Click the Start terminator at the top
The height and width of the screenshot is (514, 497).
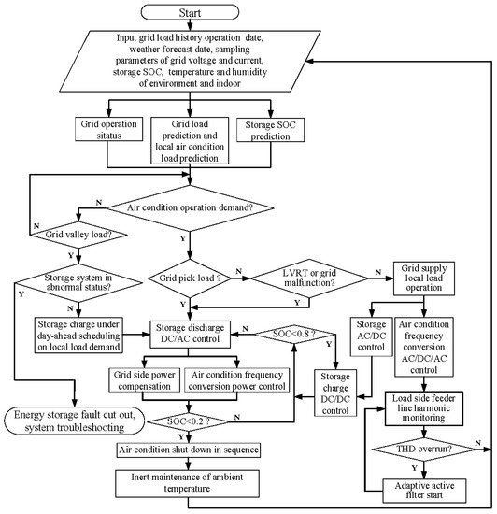tap(190, 12)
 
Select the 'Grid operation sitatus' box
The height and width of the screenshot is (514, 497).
tap(108, 129)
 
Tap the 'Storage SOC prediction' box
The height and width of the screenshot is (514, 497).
tap(270, 130)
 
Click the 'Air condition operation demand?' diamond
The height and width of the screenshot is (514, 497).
tap(190, 207)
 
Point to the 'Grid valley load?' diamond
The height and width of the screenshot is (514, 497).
tap(78, 235)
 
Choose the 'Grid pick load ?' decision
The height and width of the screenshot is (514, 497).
tap(190, 278)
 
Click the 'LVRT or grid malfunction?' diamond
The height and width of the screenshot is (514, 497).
tap(309, 278)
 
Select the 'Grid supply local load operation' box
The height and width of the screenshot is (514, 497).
tap(423, 278)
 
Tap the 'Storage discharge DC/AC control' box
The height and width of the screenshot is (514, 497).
tap(190, 334)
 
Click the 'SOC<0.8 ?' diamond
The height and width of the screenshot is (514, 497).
tap(294, 335)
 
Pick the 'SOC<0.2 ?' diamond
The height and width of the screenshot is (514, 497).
tap(189, 421)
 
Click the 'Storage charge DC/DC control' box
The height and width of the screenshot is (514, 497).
tap(335, 393)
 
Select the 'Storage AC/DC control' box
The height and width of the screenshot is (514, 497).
tap(371, 336)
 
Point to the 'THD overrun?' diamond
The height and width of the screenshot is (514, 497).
tap(423, 450)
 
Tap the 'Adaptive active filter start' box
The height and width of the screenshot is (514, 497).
tap(424, 491)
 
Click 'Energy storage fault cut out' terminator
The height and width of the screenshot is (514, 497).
tap(75, 421)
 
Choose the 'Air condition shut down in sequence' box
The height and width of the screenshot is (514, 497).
tap(189, 450)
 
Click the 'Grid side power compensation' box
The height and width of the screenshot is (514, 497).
tap(144, 380)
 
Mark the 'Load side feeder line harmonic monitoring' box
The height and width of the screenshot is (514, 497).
tap(423, 408)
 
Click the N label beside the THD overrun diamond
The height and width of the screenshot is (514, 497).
tap(478, 443)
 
